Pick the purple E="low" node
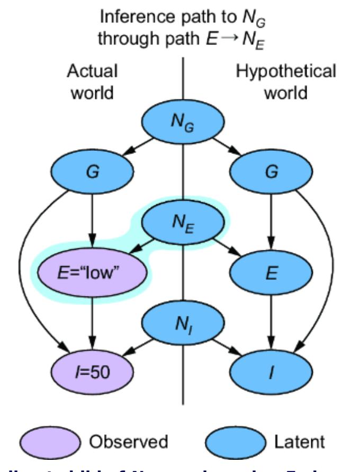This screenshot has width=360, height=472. click(x=93, y=274)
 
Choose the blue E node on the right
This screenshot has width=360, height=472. click(x=272, y=274)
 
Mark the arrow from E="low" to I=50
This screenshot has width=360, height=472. click(x=93, y=323)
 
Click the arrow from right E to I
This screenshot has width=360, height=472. click(x=272, y=323)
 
